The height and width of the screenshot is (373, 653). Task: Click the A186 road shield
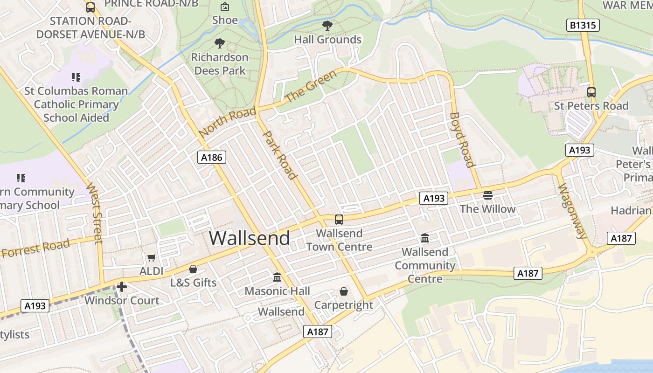(212, 157)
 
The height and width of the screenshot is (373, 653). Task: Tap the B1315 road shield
(584, 25)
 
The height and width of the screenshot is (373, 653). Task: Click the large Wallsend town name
(249, 238)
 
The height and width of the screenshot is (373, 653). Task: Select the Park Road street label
(280, 155)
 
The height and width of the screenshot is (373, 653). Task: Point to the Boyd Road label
(462, 139)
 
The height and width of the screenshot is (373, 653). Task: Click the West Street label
(95, 213)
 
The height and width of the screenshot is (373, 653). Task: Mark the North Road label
(227, 122)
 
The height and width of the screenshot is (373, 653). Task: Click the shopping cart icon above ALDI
(152, 257)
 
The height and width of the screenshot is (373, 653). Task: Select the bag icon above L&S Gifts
(193, 269)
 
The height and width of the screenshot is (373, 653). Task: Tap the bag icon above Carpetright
(344, 291)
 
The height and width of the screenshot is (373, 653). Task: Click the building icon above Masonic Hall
(277, 277)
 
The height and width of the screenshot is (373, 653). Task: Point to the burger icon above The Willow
(488, 195)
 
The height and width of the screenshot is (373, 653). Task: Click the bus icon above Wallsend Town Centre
(339, 219)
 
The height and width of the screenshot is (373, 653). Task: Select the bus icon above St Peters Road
(591, 92)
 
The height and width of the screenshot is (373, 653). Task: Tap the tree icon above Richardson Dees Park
(220, 43)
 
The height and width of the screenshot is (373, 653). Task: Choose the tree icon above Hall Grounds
(327, 26)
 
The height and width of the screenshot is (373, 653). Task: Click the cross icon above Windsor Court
(122, 286)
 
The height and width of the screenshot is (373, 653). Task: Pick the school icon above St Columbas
(76, 77)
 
